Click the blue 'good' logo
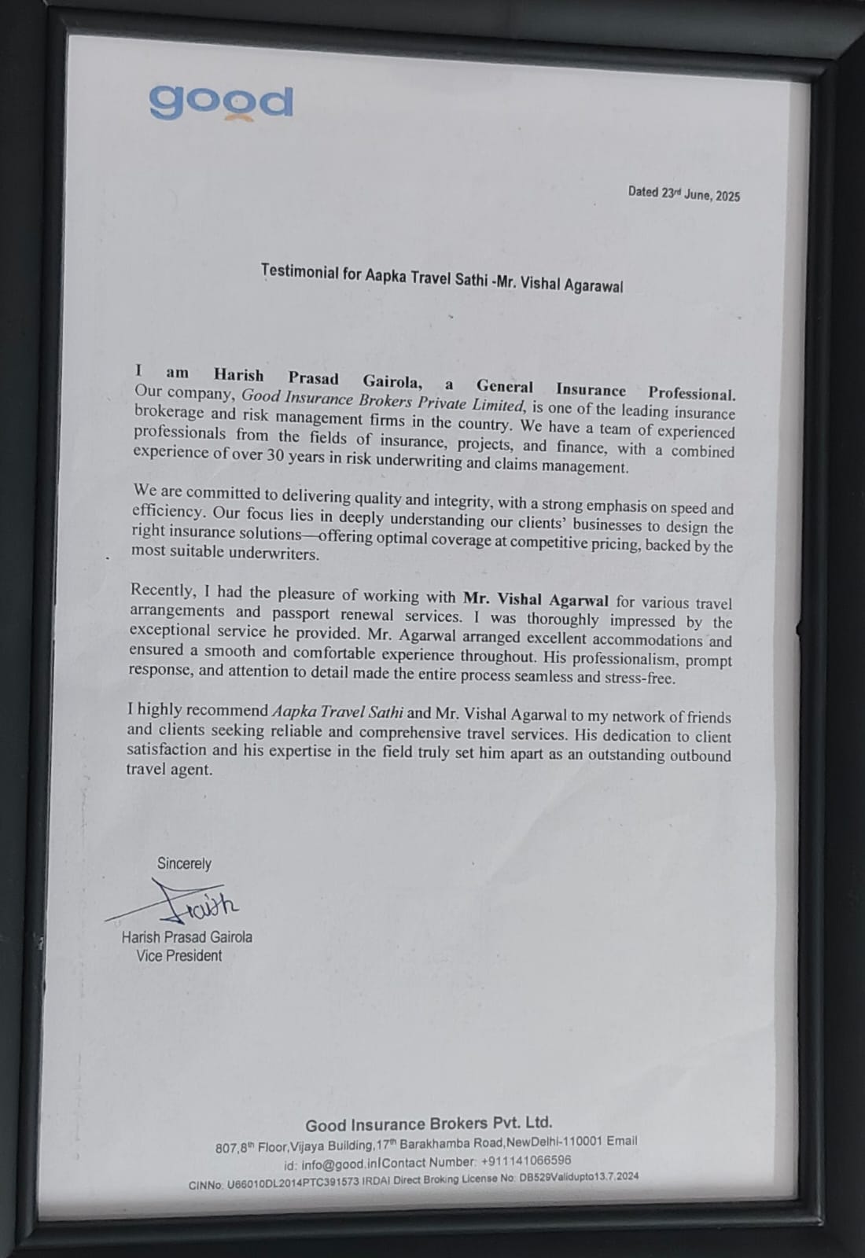pyautogui.click(x=220, y=101)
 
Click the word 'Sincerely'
pyautogui.click(x=184, y=863)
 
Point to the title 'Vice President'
pyautogui.click(x=179, y=955)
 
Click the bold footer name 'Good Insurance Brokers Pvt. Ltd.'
pyautogui.click(x=429, y=1124)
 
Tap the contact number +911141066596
pyautogui.click(x=526, y=1161)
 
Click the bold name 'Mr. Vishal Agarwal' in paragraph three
pyautogui.click(x=536, y=600)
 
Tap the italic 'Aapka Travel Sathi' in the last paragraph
pyautogui.click(x=337, y=712)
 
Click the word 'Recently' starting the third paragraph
pyautogui.click(x=162, y=590)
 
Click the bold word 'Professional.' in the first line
pyautogui.click(x=691, y=393)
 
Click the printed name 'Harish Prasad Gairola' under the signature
pyautogui.click(x=186, y=937)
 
